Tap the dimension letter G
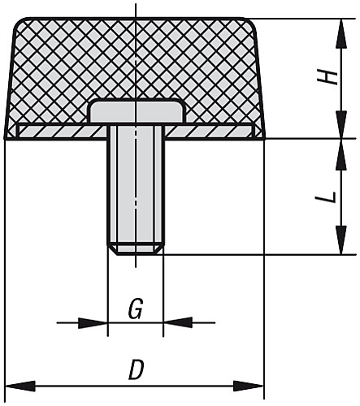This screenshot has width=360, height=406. tap(136, 309)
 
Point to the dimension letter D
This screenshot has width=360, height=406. tap(136, 370)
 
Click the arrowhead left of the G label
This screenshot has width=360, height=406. tap(97, 323)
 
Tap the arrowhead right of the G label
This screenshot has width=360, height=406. tap(174, 323)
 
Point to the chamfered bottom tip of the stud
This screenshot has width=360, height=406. tap(136, 250)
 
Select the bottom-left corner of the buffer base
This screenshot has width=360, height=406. tap(7, 138)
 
